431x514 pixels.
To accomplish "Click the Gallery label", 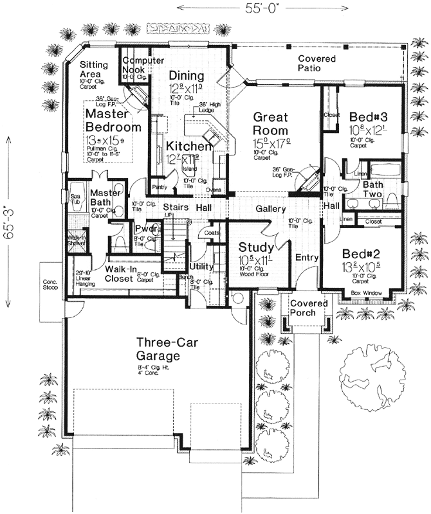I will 271,210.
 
